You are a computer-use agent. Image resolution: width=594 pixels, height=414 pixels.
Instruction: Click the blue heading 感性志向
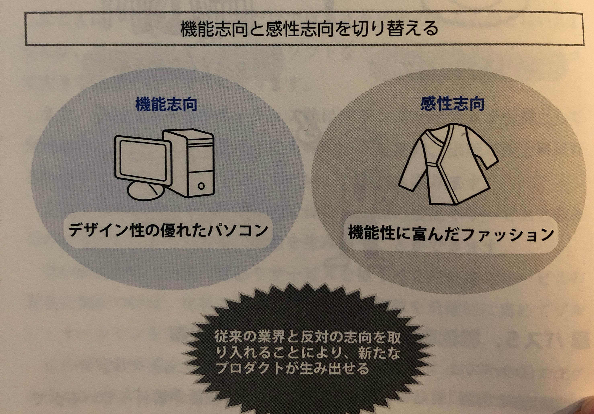(452, 104)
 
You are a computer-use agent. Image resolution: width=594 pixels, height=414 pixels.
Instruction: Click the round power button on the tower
(201, 186)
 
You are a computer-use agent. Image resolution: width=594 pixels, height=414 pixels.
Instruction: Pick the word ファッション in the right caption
(507, 234)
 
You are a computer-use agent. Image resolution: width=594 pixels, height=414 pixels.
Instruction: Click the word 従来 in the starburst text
(229, 337)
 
